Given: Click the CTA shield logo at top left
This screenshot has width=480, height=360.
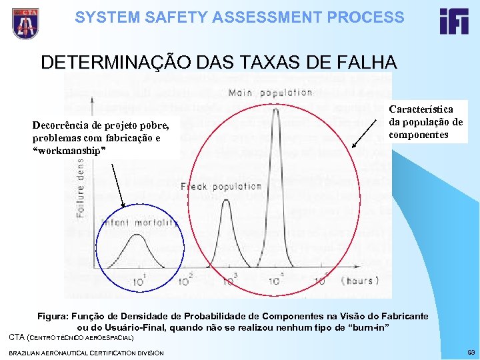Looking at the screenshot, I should click(25, 23).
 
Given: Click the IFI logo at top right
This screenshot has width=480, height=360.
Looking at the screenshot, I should click(454, 21).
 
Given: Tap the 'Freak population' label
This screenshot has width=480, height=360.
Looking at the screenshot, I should click(220, 187).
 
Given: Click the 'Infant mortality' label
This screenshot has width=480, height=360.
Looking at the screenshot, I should click(140, 223).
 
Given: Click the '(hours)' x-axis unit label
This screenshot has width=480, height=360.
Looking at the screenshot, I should click(361, 281).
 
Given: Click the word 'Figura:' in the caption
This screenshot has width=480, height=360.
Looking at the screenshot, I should click(55, 315).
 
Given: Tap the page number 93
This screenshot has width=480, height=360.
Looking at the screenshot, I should click(471, 352).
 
